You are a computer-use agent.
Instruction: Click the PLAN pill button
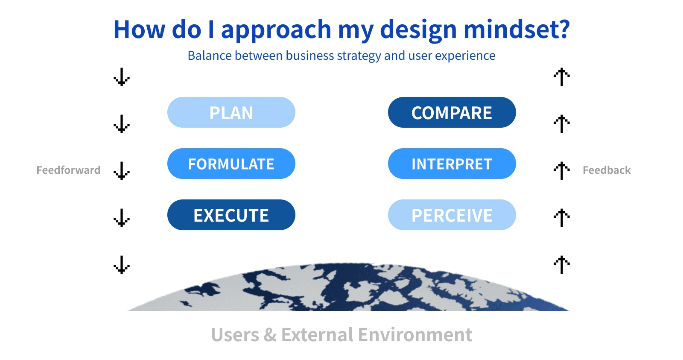click(231, 112)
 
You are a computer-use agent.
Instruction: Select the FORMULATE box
click(231, 164)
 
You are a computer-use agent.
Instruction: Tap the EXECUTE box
click(231, 215)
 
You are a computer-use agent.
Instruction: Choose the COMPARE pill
click(452, 112)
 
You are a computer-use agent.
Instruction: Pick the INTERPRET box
click(452, 164)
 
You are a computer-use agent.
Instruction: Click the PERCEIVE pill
click(452, 215)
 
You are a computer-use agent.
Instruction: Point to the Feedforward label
click(68, 170)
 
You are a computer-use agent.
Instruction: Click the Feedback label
click(607, 170)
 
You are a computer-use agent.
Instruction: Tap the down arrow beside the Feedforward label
click(122, 171)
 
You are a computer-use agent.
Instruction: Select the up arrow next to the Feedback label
click(562, 171)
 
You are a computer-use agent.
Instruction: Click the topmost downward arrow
click(122, 77)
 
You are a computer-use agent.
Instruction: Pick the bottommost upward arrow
click(562, 265)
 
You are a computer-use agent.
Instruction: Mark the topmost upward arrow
click(562, 77)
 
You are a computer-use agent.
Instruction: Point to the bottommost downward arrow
click(122, 265)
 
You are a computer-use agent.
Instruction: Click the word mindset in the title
click(517, 29)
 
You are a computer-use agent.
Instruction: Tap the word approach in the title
click(276, 30)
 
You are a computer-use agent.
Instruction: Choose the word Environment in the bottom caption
click(415, 335)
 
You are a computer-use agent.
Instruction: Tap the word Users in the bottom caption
click(235, 335)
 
